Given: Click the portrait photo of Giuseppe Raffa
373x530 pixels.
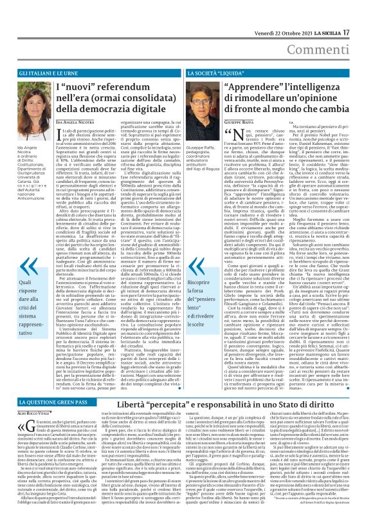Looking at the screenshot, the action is (x=205, y=108).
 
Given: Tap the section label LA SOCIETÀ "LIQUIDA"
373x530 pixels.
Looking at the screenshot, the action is (x=217, y=74).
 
